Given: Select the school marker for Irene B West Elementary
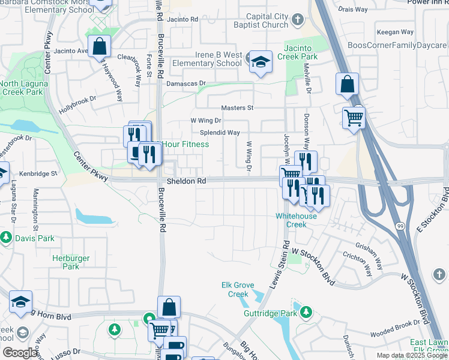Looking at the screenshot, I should (x=261, y=61).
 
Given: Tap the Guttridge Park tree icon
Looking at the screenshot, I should (x=306, y=312).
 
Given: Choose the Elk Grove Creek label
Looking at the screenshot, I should (x=238, y=290).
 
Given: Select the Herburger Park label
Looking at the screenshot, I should (x=71, y=262).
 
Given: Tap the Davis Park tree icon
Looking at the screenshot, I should (x=6, y=238).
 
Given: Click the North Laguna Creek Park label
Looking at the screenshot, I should (x=22, y=88).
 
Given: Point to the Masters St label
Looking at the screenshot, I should (x=238, y=108).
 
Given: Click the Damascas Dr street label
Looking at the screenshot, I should (x=186, y=84).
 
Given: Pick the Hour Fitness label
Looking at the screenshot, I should (x=186, y=145).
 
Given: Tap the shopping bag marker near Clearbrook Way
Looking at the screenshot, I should (x=98, y=46).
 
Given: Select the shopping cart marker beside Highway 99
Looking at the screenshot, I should (x=354, y=117).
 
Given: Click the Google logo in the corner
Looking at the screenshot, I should (x=20, y=353).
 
